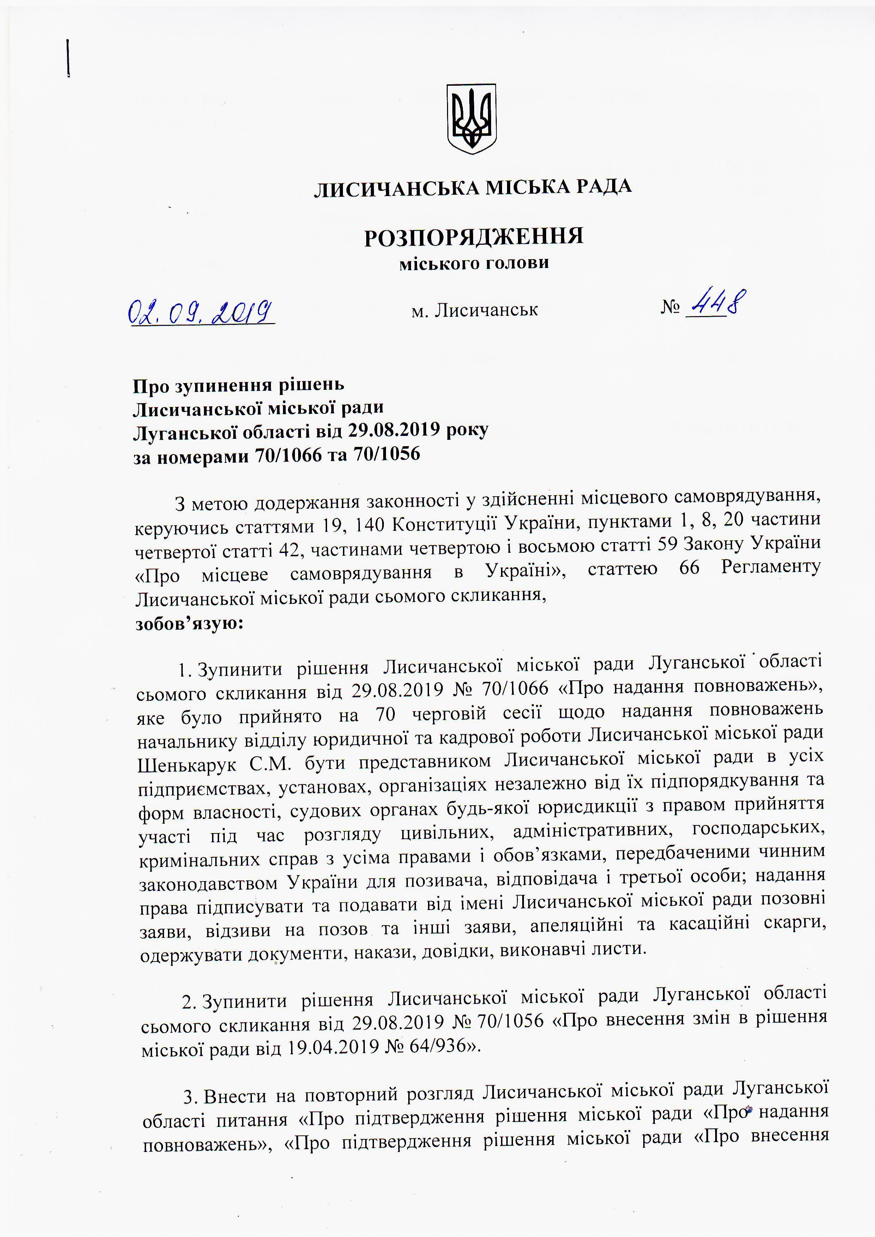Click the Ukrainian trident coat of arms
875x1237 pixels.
click(471, 119)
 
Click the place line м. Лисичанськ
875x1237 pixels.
click(474, 310)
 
